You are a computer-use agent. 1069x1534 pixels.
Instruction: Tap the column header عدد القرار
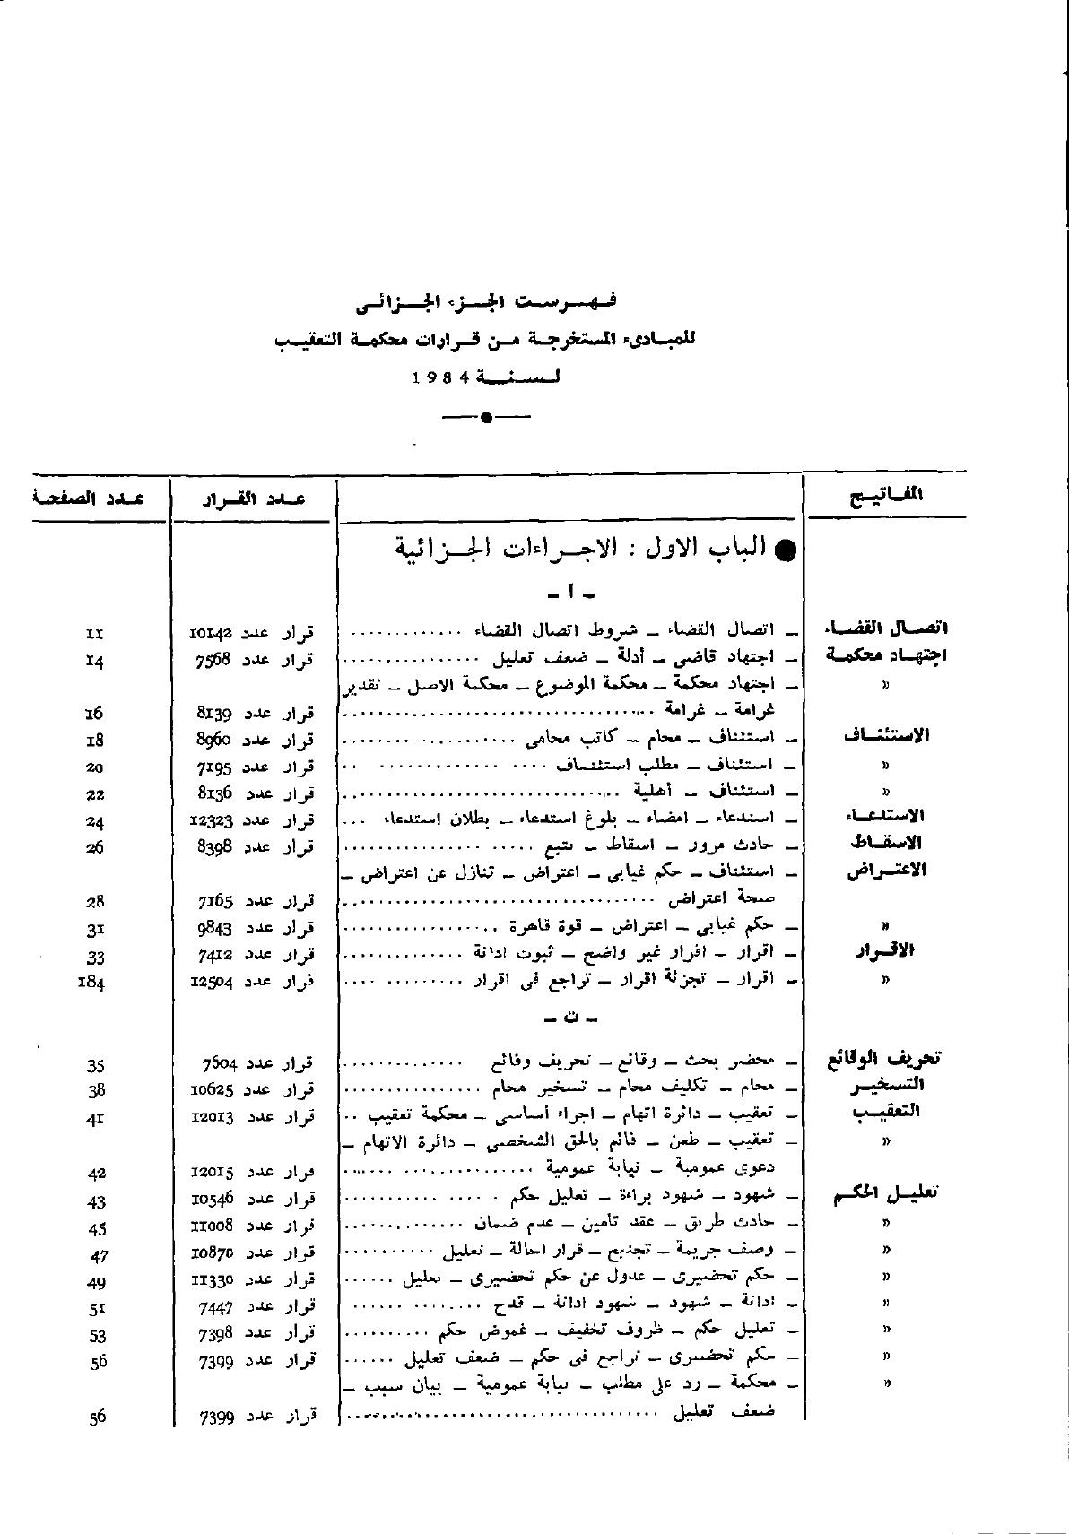coord(251,498)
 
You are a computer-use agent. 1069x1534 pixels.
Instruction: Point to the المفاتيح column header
coord(887,494)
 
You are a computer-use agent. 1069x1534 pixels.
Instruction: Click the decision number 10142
coord(213,633)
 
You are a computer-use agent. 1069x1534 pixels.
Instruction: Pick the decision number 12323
coord(213,820)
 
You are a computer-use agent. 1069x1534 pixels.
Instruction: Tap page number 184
coord(92,983)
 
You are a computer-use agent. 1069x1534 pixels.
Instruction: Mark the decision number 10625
coord(213,1090)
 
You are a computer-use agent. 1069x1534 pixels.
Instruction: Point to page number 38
coord(97,1091)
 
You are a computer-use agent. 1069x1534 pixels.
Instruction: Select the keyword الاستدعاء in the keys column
coord(886,816)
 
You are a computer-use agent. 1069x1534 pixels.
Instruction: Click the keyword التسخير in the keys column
coord(887,1085)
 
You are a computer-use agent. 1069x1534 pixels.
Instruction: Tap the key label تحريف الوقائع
coord(882,1058)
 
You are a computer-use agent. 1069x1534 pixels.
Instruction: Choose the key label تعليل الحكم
coord(885,1194)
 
